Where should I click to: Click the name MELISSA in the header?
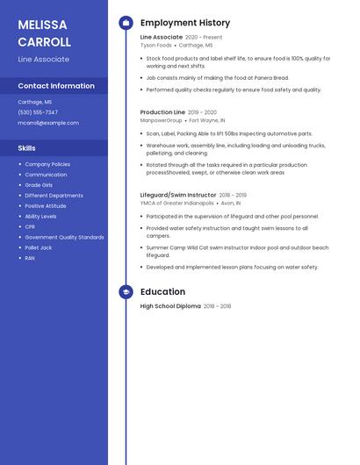click(42, 25)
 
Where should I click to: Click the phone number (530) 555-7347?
click(38, 112)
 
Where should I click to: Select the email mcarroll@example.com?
click(48, 123)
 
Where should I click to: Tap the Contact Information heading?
click(56, 86)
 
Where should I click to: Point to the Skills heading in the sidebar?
click(27, 148)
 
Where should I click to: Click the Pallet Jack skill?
click(38, 247)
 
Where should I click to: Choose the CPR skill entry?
click(30, 226)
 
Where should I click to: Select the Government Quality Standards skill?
click(64, 237)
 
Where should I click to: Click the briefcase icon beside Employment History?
click(126, 23)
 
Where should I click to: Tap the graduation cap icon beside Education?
click(126, 291)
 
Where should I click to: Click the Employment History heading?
click(185, 23)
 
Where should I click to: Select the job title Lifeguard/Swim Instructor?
click(178, 195)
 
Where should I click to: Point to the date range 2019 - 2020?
click(202, 112)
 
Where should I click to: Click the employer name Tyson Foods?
click(156, 45)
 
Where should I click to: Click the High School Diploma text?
click(170, 306)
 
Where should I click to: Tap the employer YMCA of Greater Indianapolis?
click(177, 203)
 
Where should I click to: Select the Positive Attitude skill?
click(46, 206)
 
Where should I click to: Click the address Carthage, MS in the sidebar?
click(35, 102)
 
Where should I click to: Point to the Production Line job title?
click(162, 112)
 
